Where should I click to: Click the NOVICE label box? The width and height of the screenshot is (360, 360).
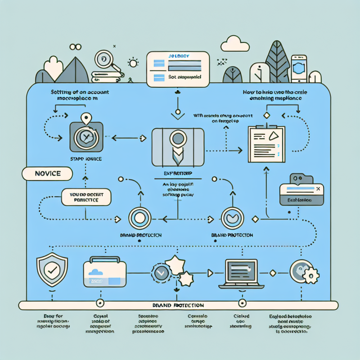tap(47, 173)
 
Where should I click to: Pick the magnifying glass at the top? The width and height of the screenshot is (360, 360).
tap(105, 60)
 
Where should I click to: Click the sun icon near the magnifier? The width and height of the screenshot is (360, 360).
tap(133, 63)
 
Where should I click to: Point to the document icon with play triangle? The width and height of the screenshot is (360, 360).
tap(267, 143)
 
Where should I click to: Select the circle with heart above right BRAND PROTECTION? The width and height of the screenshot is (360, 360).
tap(233, 218)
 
